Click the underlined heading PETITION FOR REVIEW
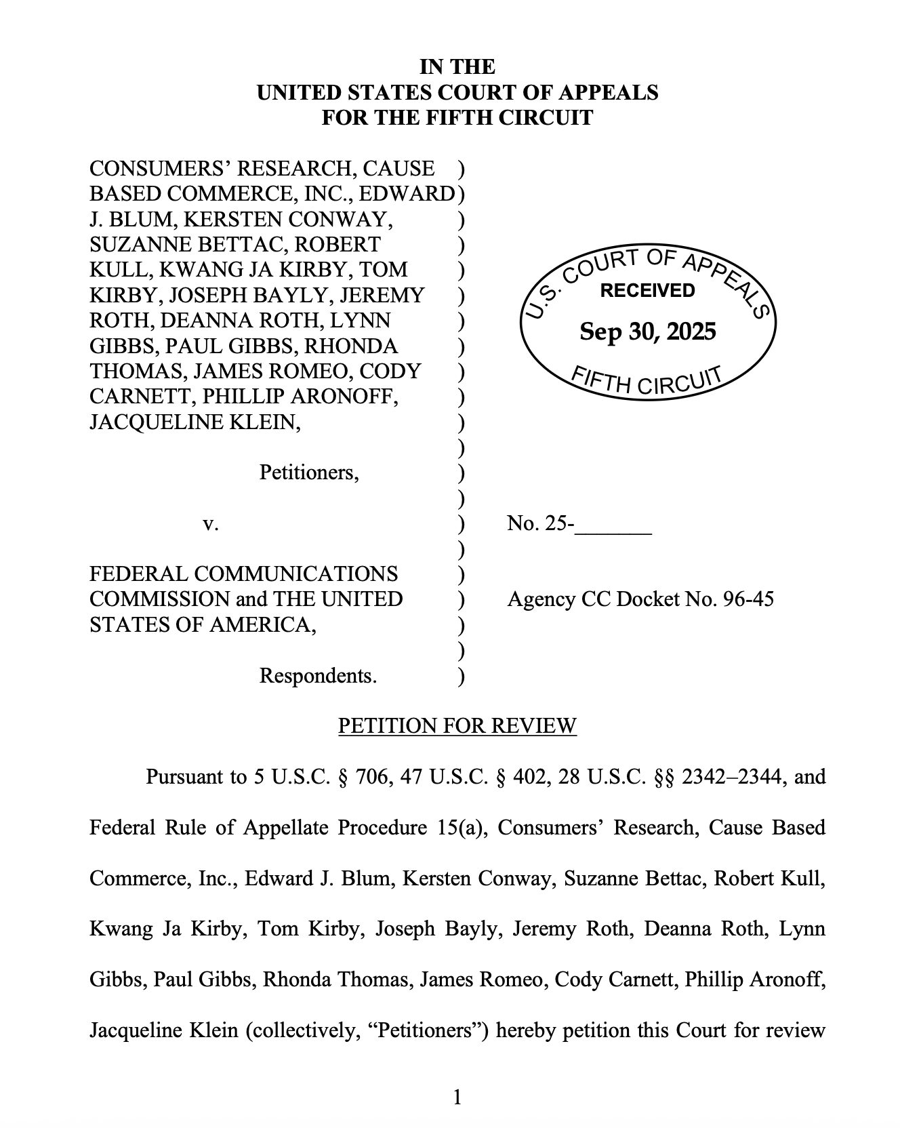pyautogui.click(x=457, y=726)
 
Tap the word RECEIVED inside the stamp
pyautogui.click(x=647, y=291)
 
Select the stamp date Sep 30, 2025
pyautogui.click(x=647, y=331)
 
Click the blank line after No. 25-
pyautogui.click(x=613, y=525)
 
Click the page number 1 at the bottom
pyautogui.click(x=457, y=1096)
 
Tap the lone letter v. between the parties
pyautogui.click(x=211, y=523)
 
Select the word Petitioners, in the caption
pyautogui.click(x=309, y=472)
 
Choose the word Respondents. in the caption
pyautogui.click(x=318, y=676)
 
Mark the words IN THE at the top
pyautogui.click(x=457, y=66)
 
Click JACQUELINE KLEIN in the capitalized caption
pyautogui.click(x=195, y=422)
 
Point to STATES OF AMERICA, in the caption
pyautogui.click(x=203, y=624)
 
